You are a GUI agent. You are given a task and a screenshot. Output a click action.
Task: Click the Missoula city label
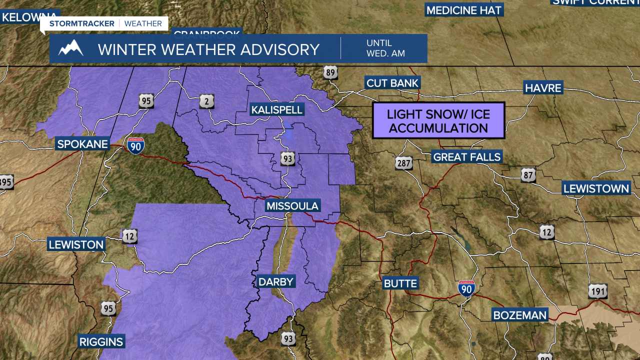tap(292, 206)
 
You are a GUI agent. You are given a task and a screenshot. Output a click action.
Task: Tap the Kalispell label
tap(277, 110)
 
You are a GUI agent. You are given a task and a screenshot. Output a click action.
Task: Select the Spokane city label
tap(82, 144)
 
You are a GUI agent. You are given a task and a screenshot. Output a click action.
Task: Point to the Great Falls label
tap(466, 157)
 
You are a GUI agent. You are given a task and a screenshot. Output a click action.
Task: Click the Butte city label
tap(400, 283)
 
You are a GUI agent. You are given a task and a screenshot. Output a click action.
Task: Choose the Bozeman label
tap(520, 315)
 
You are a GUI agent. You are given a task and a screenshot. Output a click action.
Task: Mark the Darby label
tap(275, 282)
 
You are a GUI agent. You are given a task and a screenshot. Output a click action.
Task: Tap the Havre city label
tap(543, 88)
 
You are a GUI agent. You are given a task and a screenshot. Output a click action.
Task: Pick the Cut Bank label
tap(392, 83)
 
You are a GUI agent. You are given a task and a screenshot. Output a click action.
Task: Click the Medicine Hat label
tap(463, 10)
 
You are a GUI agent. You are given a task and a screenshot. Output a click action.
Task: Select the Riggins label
tap(101, 342)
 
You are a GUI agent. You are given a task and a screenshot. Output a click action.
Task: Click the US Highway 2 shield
tap(207, 101)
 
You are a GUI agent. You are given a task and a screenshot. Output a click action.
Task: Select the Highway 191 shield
tap(598, 291)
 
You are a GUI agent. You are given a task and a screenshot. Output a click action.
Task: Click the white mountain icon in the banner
tap(70, 48)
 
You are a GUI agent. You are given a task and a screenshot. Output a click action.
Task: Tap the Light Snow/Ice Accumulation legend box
tap(438, 120)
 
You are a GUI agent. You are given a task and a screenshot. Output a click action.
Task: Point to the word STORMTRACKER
tap(81, 23)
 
